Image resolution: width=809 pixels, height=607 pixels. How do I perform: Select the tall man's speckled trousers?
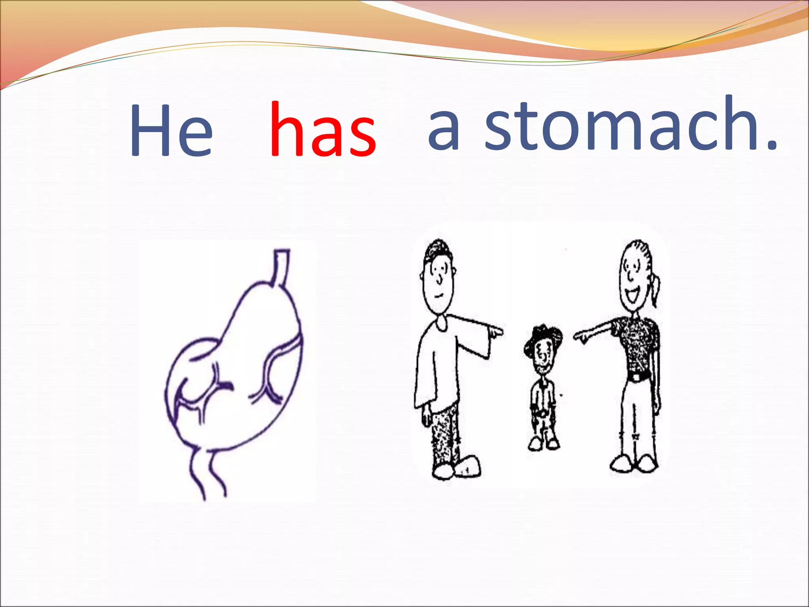click(x=446, y=435)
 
